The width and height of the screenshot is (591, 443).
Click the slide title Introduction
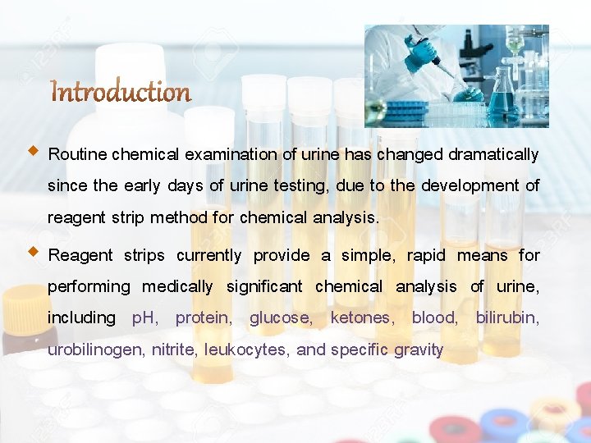tap(121, 93)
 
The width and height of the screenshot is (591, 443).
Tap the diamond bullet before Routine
tap(33, 151)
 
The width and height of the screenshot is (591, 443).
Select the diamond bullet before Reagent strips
tap(33, 252)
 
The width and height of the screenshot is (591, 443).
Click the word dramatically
tap(492, 154)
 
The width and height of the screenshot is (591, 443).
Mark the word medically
tap(177, 286)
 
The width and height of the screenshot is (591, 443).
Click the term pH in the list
tap(145, 317)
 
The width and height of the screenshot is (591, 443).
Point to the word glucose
tap(281, 317)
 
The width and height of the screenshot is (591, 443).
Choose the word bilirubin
tap(507, 317)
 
